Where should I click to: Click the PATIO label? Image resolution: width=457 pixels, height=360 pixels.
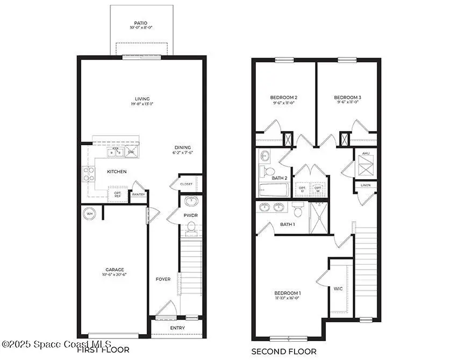click(x=141, y=24)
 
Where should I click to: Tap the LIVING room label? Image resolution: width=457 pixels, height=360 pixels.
click(x=142, y=98)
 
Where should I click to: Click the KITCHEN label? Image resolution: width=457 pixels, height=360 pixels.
click(x=117, y=172)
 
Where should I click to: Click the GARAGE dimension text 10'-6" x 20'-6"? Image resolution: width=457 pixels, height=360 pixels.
click(x=115, y=274)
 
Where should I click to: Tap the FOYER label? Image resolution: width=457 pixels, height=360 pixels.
click(x=163, y=279)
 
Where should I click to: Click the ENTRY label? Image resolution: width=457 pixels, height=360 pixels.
click(x=177, y=328)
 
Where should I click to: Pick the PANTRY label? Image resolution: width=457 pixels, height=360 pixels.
click(x=139, y=195)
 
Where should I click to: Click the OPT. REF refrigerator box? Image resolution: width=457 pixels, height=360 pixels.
click(x=117, y=194)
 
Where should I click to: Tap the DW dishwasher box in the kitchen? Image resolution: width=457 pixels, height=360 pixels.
click(x=131, y=152)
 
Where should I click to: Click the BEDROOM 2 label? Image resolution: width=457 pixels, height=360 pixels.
click(x=283, y=97)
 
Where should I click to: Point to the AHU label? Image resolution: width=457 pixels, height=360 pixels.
click(x=366, y=153)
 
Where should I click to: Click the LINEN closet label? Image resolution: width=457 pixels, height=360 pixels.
click(x=366, y=186)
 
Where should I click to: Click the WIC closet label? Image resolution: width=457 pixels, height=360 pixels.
click(x=338, y=289)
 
